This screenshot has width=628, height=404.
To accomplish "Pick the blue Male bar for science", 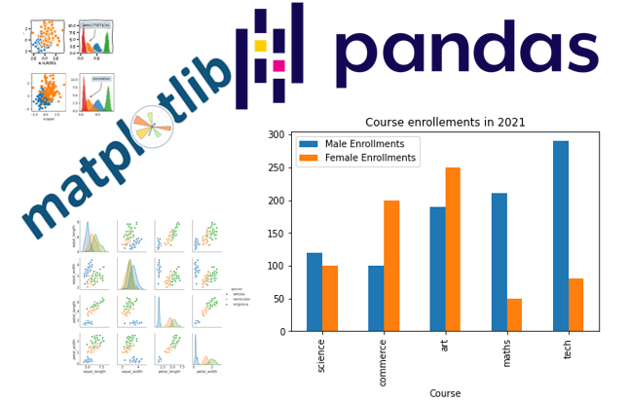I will [314, 292].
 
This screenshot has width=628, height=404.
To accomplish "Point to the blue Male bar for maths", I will [499, 262].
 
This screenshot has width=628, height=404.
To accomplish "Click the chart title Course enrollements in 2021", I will [445, 123].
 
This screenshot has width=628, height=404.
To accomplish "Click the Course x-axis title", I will [445, 394].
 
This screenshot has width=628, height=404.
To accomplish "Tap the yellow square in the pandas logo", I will [260, 46].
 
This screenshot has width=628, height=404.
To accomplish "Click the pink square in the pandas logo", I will [279, 65].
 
